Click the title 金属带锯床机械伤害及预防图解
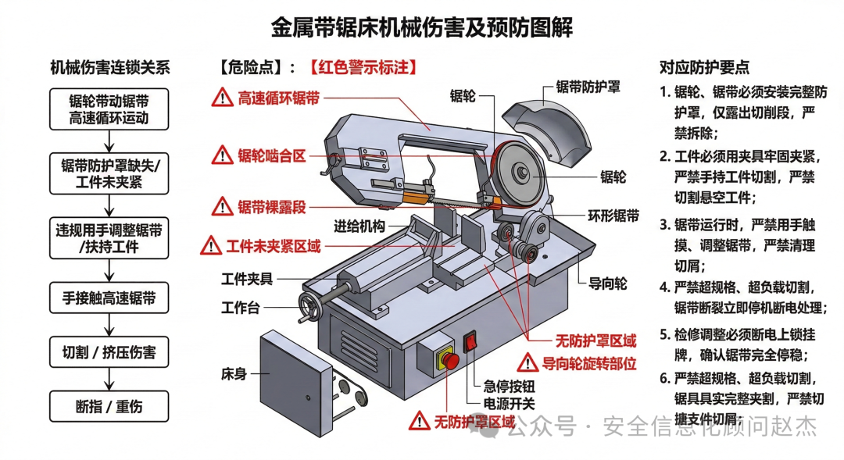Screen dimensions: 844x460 pyautogui.click(x=421, y=27)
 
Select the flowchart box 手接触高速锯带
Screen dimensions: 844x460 pyautogui.click(x=109, y=298)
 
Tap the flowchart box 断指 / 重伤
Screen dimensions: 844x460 pyautogui.click(x=109, y=406)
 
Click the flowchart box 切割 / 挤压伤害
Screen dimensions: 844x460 pyautogui.click(x=109, y=352)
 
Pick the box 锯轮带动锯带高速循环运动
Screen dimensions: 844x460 pyautogui.click(x=109, y=109)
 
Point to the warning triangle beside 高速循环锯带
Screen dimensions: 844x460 pyautogui.click(x=222, y=98)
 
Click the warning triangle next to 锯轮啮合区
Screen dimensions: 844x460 pyautogui.click(x=222, y=155)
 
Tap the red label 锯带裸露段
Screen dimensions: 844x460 pyautogui.click(x=272, y=207)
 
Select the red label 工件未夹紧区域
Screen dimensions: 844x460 pyautogui.click(x=274, y=247)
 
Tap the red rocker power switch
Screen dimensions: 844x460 pyautogui.click(x=471, y=341)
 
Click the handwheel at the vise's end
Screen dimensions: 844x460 pyautogui.click(x=310, y=307)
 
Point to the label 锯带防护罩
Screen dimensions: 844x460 pyautogui.click(x=588, y=87)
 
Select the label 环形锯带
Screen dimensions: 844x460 pyautogui.click(x=613, y=216)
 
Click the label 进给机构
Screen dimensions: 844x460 pyautogui.click(x=359, y=226)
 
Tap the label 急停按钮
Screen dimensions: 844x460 pyautogui.click(x=509, y=386)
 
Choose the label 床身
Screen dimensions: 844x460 pyautogui.click(x=234, y=373)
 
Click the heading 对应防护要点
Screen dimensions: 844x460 pyautogui.click(x=705, y=67)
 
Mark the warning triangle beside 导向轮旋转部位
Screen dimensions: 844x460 pyautogui.click(x=527, y=362)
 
